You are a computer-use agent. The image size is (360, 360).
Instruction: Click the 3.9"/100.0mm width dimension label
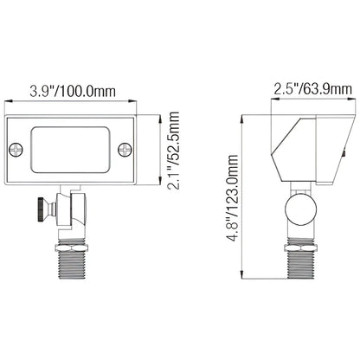point(73,91)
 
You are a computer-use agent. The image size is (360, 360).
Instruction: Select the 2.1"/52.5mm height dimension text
point(173,151)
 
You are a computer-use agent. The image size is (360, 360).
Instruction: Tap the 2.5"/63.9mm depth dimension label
point(313,89)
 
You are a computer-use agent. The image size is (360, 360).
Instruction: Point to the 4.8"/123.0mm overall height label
point(233,197)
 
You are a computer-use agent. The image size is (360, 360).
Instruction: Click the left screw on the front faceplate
point(16,149)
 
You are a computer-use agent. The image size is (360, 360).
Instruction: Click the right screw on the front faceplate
point(125,149)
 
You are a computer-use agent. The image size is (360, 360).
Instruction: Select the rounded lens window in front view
point(70,150)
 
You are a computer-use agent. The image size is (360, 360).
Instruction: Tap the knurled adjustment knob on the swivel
point(42,209)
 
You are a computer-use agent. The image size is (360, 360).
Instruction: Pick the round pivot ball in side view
point(300,209)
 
